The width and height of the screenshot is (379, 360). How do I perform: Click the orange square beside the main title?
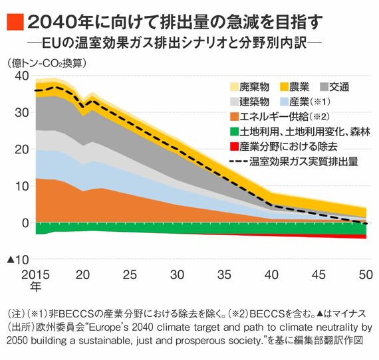(x=15, y=22)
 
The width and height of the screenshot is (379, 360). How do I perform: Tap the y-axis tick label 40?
(x=22, y=76)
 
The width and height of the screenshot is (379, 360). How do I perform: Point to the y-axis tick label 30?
(x=22, y=112)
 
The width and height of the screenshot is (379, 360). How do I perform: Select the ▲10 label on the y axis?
(x=18, y=260)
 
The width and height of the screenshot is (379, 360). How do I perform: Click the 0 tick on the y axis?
(x=25, y=223)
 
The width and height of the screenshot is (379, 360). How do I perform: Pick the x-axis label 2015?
(x=35, y=275)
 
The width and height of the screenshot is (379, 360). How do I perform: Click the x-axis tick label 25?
(x=130, y=275)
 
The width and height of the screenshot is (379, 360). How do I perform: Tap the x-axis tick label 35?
(x=224, y=275)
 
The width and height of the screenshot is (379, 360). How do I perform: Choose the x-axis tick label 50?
(x=366, y=275)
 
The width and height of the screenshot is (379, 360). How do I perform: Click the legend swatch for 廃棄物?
(x=234, y=87)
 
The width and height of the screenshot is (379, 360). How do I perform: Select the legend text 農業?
(x=299, y=87)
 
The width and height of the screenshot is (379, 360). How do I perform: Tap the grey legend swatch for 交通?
(x=324, y=87)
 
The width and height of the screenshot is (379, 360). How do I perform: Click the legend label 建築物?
(x=254, y=102)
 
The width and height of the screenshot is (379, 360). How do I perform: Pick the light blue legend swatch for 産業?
(x=284, y=102)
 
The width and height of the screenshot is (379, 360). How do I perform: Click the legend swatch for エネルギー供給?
(x=234, y=117)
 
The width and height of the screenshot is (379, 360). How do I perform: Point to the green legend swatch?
(x=234, y=132)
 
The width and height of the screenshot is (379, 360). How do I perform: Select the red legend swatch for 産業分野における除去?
(x=234, y=147)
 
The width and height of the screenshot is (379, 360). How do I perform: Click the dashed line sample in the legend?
(x=238, y=161)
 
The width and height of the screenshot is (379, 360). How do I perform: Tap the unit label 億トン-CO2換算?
(x=47, y=64)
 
